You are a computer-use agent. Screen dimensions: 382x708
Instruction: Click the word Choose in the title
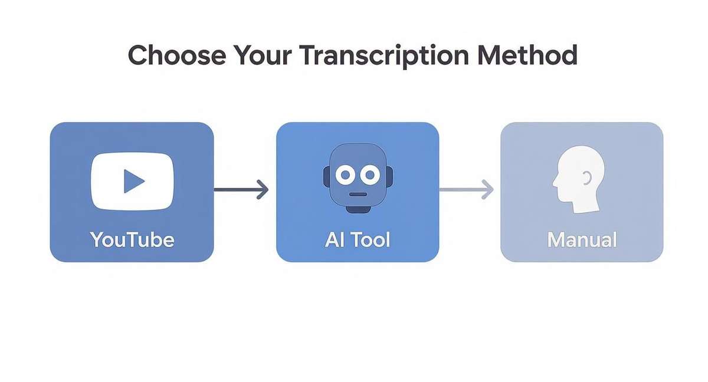pos(176,55)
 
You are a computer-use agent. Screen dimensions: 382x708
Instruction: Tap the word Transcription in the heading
pos(385,55)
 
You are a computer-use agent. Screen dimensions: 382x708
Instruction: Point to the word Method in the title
pos(529,55)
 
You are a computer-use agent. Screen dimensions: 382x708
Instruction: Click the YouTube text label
pos(132,240)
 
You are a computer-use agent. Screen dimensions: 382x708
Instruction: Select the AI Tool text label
pos(358,240)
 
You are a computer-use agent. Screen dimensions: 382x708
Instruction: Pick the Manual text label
pos(582,240)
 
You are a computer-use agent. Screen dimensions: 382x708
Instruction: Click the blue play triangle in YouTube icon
pos(133,182)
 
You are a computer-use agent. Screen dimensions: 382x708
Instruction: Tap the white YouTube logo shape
pos(106,182)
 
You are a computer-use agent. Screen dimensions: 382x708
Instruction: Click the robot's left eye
pos(343,174)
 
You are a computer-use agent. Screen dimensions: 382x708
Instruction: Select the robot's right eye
pos(370,174)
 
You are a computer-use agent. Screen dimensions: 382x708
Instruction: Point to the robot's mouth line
pos(357,193)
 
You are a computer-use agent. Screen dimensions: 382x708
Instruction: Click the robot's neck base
pos(357,209)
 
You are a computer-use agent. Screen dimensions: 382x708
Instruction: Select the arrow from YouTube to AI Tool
pos(241,189)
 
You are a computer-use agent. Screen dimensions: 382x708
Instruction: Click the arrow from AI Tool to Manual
pos(466,189)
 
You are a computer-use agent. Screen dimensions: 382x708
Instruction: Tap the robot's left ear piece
pos(326,176)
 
